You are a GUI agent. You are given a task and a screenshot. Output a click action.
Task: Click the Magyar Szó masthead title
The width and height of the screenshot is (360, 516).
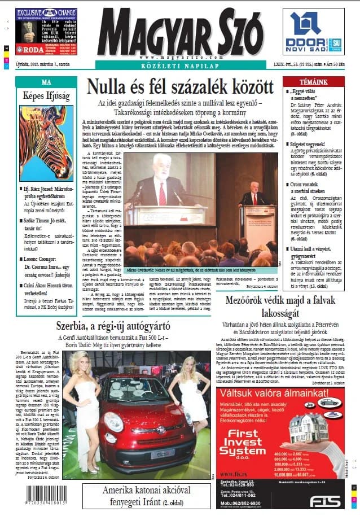pyautogui.click(x=180, y=32)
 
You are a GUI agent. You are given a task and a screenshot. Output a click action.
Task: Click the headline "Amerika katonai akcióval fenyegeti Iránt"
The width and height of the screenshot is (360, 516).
pyautogui.click(x=145, y=495)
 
